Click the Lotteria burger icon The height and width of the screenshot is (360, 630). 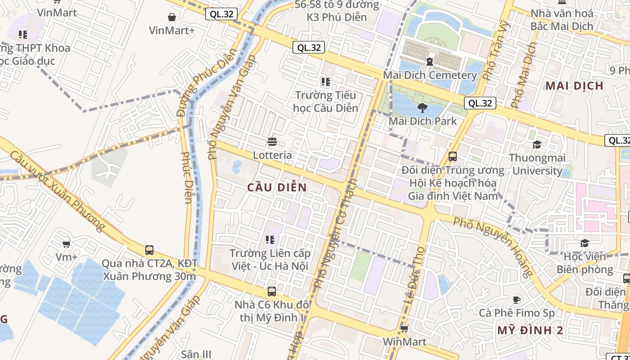click(272, 142)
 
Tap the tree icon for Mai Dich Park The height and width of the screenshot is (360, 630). click(422, 108)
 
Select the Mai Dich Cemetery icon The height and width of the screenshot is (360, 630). click(430, 61)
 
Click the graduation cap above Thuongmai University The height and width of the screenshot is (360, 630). click(537, 144)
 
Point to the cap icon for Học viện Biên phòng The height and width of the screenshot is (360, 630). click(585, 243)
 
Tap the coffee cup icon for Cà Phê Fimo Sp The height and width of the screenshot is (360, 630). click(517, 300)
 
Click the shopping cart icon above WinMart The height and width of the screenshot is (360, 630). click(404, 328)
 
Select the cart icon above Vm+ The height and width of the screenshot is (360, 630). click(67, 244)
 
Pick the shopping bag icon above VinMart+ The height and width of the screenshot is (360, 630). click(171, 17)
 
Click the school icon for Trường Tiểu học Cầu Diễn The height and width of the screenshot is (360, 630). click(325, 82)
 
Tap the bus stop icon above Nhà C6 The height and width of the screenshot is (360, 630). click(271, 292)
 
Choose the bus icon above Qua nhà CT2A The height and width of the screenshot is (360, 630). click(149, 250)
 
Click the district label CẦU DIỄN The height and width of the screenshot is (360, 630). click(277, 188)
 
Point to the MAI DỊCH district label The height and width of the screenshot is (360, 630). click(574, 85)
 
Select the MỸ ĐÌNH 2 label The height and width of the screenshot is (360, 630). click(530, 331)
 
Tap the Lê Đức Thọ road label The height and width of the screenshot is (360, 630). click(414, 274)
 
